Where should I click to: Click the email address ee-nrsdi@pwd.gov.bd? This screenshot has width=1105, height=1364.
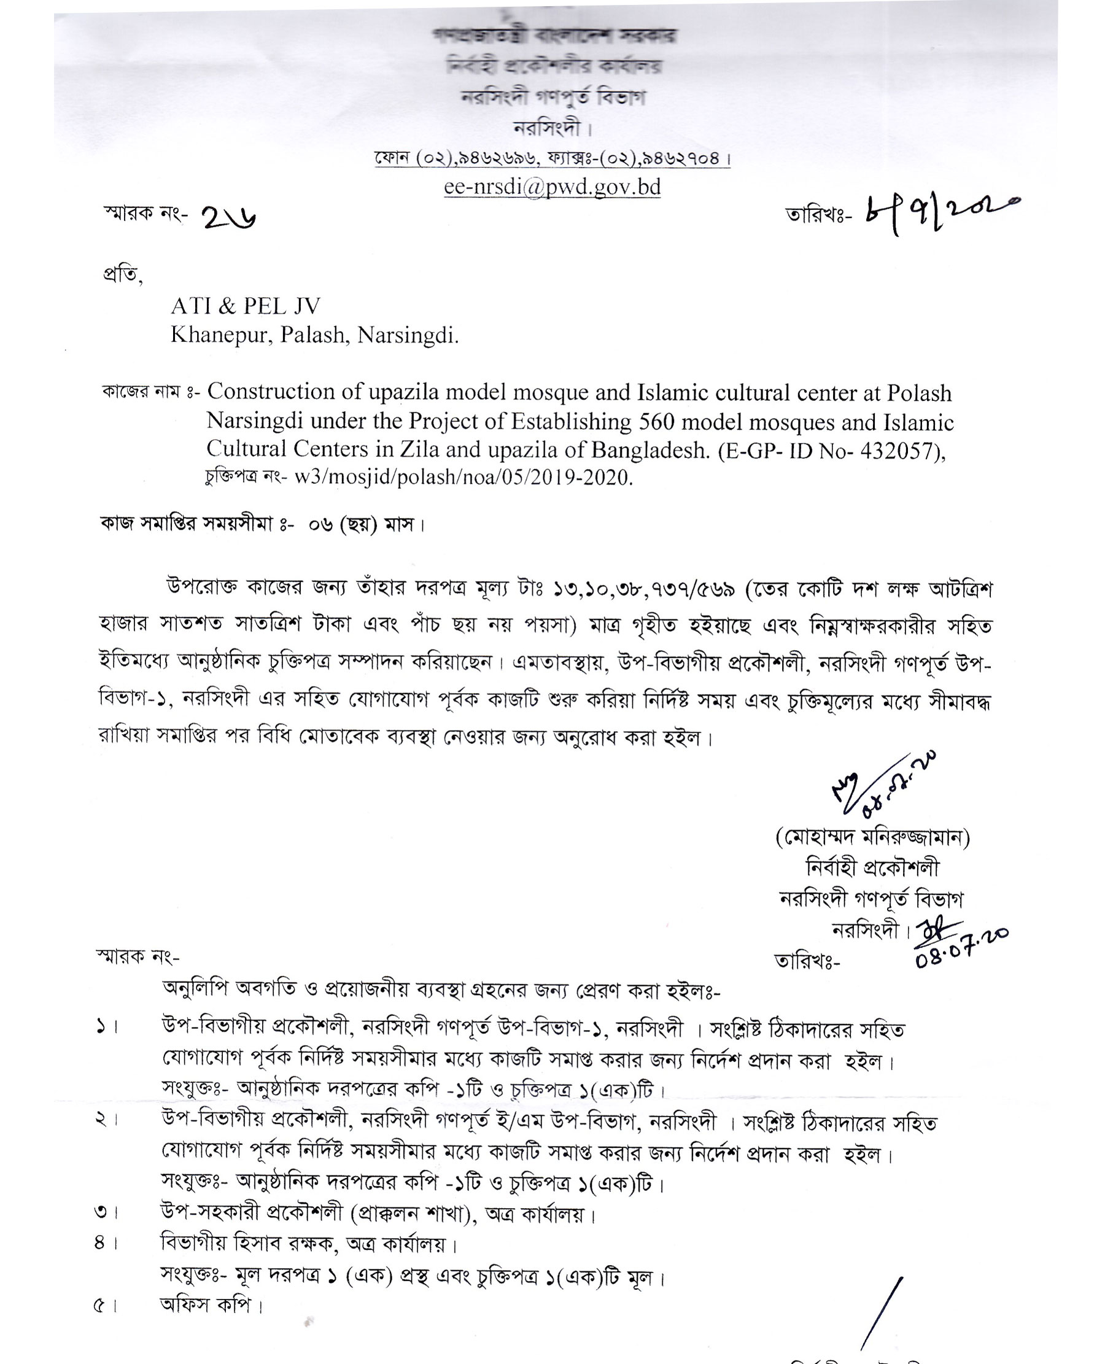click(552, 187)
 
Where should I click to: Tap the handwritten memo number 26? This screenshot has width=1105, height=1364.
click(229, 219)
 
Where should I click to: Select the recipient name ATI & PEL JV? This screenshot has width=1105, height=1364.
click(246, 306)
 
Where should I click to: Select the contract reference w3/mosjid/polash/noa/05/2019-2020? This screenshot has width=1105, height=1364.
click(463, 478)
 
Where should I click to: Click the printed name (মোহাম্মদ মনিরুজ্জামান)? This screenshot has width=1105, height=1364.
click(873, 838)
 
